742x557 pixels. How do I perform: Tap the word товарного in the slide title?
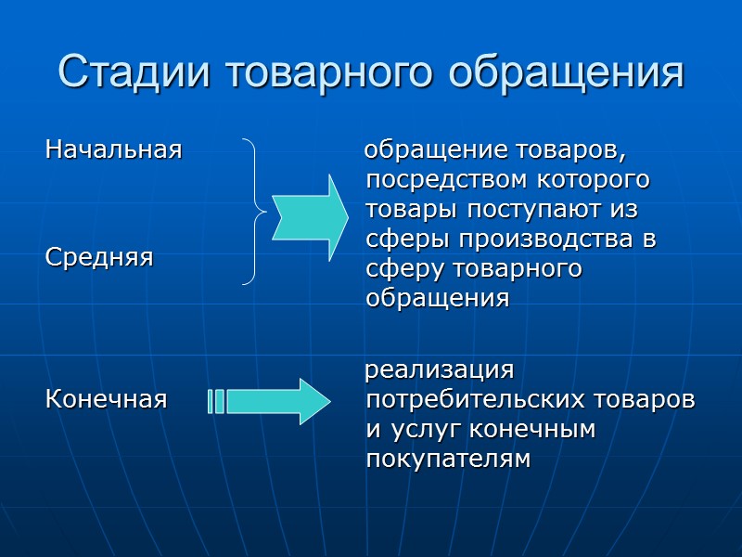tap(325, 71)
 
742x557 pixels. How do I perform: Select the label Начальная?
tap(113, 149)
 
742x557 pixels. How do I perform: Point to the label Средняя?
tap(99, 257)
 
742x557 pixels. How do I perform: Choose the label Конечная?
tap(107, 400)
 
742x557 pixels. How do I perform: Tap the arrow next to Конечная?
tap(278, 401)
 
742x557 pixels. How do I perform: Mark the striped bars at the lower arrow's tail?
tap(216, 401)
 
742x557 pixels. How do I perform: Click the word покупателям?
tap(448, 460)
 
